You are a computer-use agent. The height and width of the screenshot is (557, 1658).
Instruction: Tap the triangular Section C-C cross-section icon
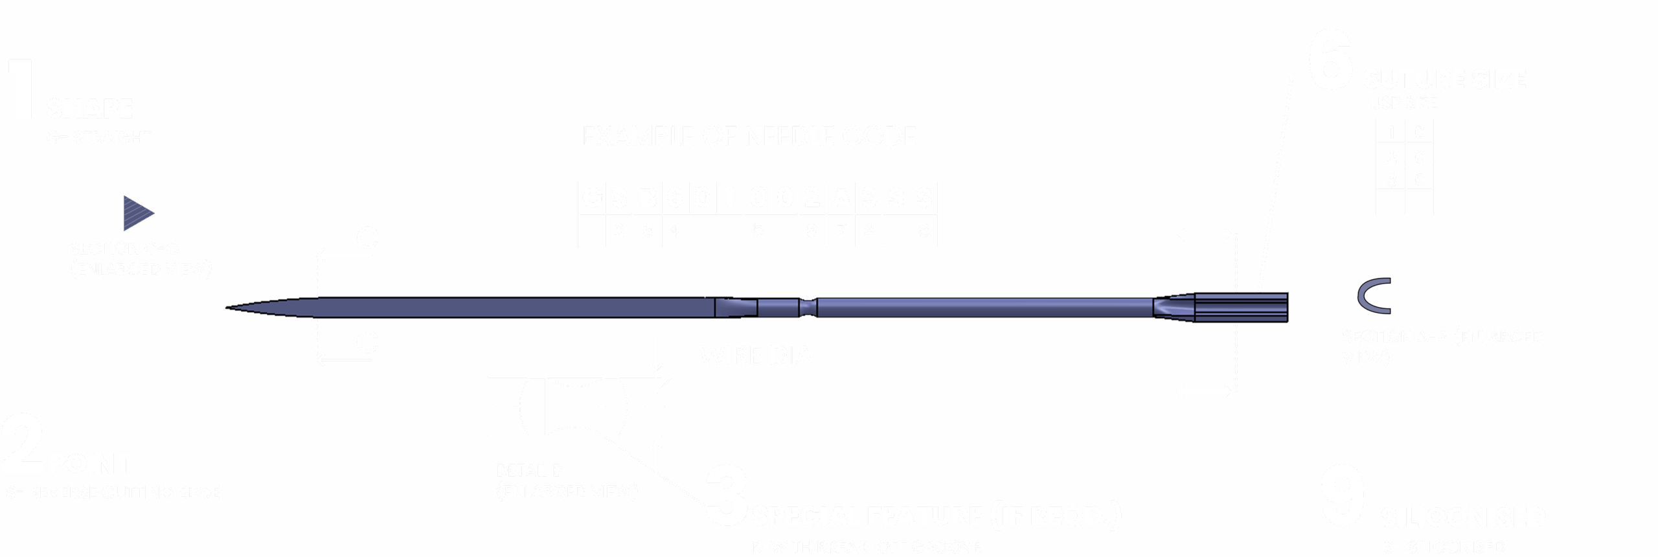point(137,212)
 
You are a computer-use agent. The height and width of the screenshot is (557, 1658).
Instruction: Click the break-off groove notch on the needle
point(807,306)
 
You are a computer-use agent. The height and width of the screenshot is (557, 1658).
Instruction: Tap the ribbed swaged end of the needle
point(1241,306)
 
